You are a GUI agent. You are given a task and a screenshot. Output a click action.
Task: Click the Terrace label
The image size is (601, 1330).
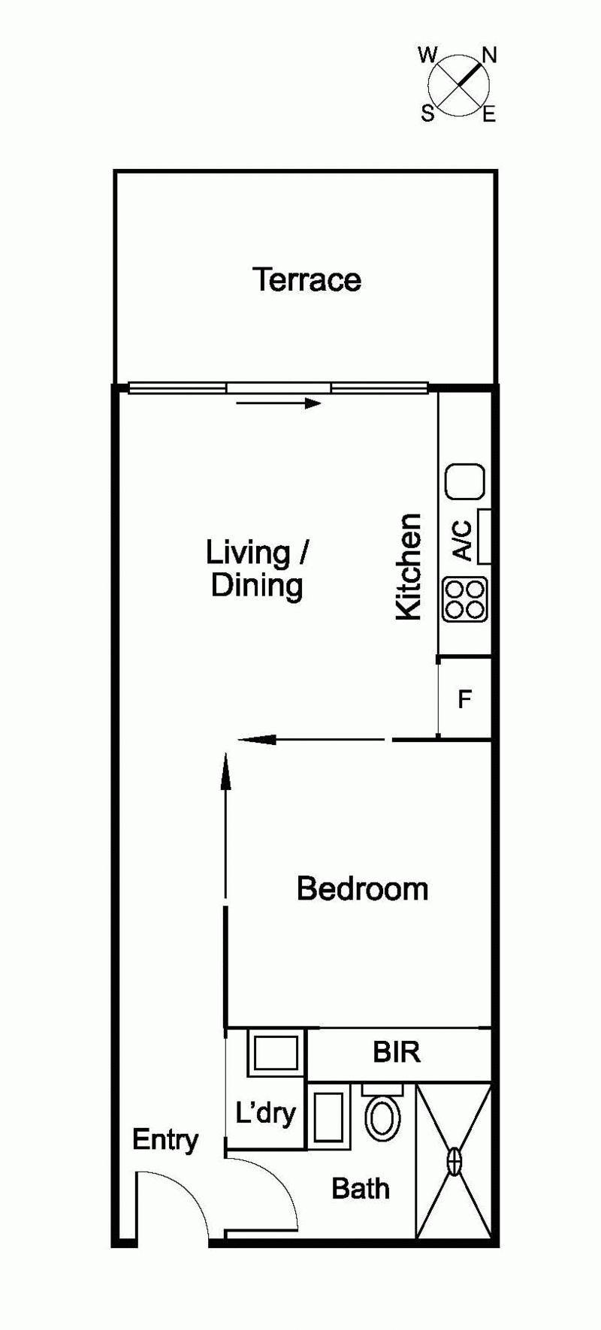click(307, 279)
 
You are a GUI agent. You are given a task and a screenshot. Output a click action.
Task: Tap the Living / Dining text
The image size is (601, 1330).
click(257, 569)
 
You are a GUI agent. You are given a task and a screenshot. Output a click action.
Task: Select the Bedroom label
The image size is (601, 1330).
click(362, 888)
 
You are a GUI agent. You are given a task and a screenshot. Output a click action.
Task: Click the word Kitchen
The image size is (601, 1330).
click(409, 567)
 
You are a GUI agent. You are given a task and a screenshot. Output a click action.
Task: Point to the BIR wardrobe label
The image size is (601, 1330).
click(397, 1052)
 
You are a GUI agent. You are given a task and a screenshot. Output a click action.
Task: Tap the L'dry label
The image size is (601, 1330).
click(265, 1112)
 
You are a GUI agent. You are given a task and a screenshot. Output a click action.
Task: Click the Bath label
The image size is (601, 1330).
click(361, 1189)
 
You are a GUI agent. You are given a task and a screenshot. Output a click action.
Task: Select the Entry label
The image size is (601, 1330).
click(165, 1141)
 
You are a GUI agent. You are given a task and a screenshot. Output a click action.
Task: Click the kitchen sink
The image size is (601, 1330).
click(465, 481)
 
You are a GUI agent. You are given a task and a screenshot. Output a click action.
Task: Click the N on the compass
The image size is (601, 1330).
click(490, 56)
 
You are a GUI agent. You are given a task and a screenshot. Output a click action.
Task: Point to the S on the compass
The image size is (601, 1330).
click(427, 113)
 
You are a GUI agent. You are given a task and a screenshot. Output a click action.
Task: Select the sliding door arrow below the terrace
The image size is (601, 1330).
click(279, 404)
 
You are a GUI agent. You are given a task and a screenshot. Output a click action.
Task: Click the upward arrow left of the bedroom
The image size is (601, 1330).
click(225, 826)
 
